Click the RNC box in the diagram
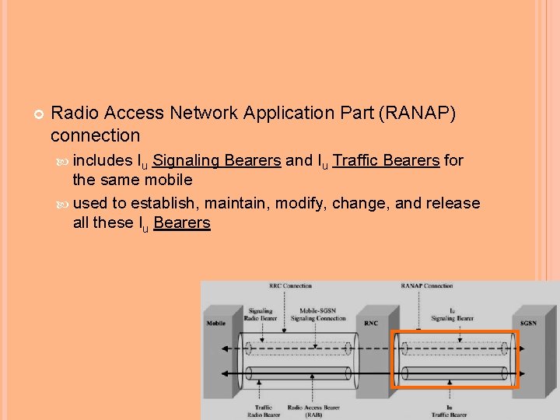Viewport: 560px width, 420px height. [x=372, y=323]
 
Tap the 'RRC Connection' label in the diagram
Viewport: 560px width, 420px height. [x=290, y=286]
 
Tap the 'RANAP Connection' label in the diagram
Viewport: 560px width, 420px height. [x=427, y=286]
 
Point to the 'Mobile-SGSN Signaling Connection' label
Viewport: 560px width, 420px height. [x=318, y=314]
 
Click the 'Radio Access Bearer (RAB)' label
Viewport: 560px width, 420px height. [x=313, y=411]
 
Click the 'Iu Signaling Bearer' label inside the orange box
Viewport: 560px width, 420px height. [x=453, y=314]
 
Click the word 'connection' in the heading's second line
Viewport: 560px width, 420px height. [x=95, y=136]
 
